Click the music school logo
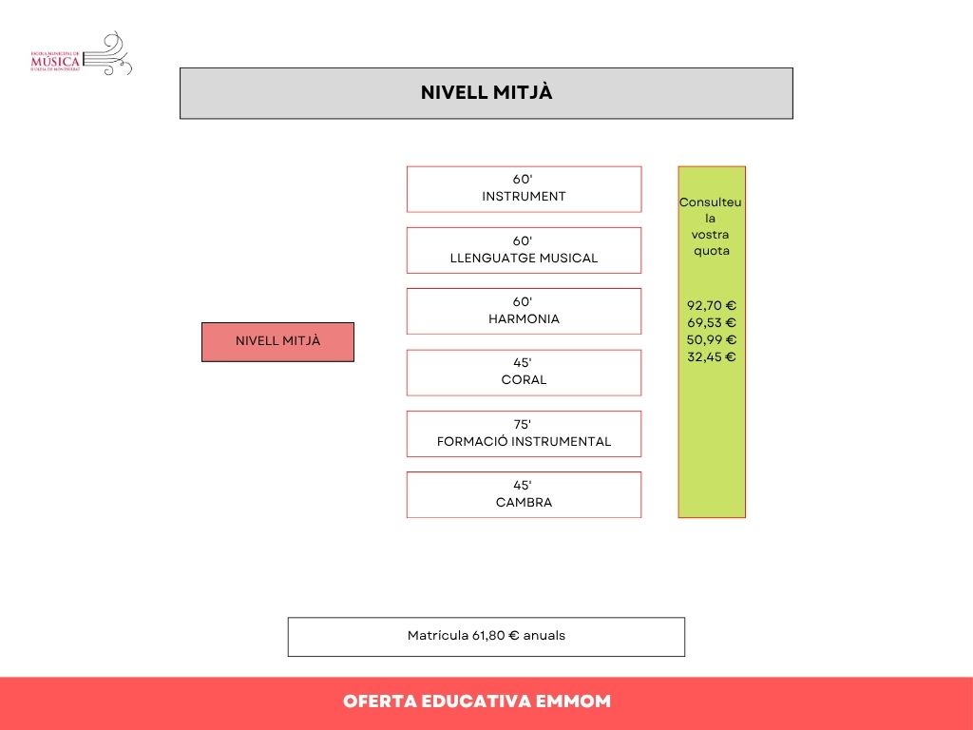[82, 55]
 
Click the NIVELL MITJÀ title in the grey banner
[486, 93]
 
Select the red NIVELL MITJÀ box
[277, 342]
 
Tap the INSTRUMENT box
[524, 189]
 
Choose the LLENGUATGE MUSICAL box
[524, 250]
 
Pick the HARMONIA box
[524, 311]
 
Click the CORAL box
[524, 373]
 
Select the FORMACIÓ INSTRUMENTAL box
[524, 433]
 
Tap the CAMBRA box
[524, 494]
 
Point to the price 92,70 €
[712, 306]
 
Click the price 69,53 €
[712, 323]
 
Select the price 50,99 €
[712, 340]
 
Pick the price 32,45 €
[712, 357]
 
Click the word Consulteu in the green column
[711, 203]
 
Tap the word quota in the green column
[712, 251]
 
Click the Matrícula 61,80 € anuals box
[486, 636]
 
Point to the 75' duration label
[524, 424]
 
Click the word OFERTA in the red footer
[382, 702]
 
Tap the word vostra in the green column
[712, 235]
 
